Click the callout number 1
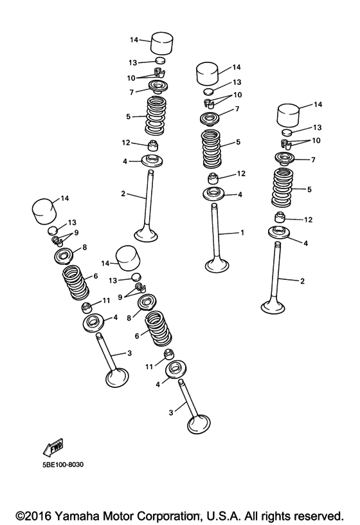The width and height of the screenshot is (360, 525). click(x=242, y=233)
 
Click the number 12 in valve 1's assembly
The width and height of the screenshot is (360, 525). click(x=241, y=174)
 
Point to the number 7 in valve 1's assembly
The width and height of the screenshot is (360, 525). click(x=237, y=109)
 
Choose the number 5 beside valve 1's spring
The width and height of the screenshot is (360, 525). click(x=238, y=142)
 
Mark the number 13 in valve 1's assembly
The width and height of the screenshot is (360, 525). click(x=237, y=82)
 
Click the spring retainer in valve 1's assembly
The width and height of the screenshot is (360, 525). click(x=210, y=119)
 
